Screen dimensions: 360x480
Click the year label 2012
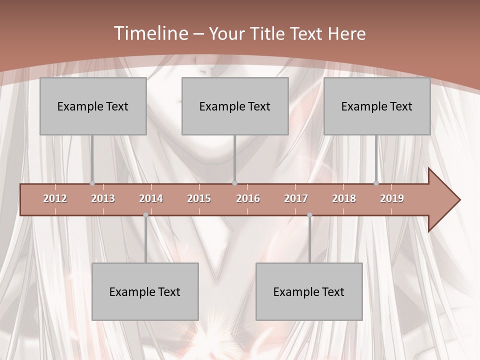pos(55,198)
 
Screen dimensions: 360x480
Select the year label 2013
pos(103,198)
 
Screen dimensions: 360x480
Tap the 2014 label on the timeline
pos(151,198)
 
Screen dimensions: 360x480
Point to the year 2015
pos(199,198)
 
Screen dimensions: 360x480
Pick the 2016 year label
pos(248,198)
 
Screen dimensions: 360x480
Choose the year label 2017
pos(296,198)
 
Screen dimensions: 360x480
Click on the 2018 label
pos(344,198)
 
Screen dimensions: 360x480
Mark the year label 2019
pos(392,198)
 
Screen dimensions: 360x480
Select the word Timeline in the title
pos(150,33)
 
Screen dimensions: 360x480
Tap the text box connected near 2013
pos(93,106)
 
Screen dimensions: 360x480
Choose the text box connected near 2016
pos(235,106)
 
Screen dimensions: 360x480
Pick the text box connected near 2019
pos(377,106)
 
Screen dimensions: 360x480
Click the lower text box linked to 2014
pos(145,291)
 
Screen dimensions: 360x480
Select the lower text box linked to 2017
pos(309,291)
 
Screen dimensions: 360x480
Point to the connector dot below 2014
pos(145,215)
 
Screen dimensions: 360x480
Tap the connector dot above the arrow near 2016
pos(235,183)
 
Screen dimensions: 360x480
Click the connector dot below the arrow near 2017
pos(309,215)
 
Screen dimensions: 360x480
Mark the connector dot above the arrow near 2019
pos(376,183)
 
